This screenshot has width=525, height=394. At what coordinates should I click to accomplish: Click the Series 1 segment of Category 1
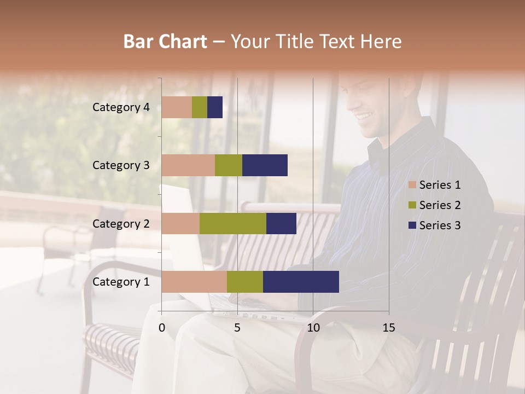coord(194,282)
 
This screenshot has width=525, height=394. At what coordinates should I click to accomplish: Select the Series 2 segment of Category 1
coord(245,282)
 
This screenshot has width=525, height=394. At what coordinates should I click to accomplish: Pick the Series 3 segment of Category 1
coord(301,282)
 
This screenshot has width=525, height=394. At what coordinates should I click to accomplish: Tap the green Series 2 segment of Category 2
coord(233,223)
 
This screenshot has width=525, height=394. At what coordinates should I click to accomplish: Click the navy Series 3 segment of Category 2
coord(281,223)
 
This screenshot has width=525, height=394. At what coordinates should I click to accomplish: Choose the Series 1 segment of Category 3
coord(188,165)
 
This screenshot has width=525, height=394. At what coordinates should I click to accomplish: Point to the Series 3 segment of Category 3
coord(265,165)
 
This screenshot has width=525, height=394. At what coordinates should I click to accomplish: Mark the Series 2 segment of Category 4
coord(200,107)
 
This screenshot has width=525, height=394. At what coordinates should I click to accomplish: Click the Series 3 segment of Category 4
coord(215,107)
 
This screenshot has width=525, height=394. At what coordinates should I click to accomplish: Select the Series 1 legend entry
coord(440,185)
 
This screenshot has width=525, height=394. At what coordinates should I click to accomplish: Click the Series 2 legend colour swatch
coord(412,205)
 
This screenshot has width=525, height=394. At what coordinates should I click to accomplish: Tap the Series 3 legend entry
coord(440,225)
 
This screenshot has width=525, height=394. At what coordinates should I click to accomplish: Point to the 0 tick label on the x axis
coord(162,328)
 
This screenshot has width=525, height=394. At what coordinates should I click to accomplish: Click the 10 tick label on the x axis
coord(313,328)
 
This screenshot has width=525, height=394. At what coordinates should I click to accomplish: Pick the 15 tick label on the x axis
coord(389,328)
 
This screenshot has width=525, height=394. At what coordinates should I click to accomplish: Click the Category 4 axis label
coord(121,107)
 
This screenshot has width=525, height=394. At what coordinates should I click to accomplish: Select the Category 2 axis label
coord(121,223)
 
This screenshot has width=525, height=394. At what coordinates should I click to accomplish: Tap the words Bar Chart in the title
coord(165,41)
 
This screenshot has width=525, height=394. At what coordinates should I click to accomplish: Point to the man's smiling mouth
coord(364,116)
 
